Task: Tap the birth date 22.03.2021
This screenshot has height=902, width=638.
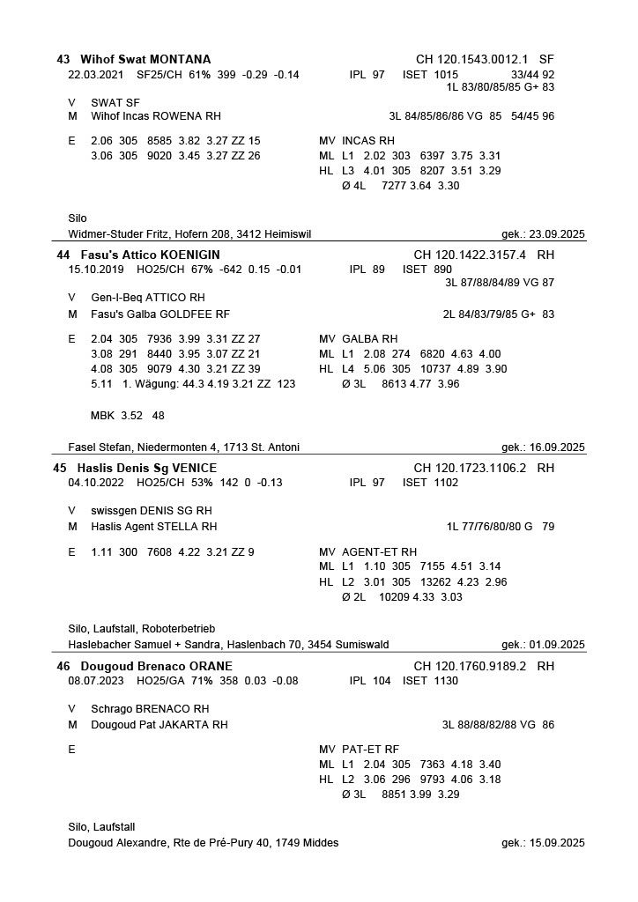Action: [x=94, y=75]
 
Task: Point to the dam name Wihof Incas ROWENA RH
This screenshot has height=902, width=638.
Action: [x=155, y=116]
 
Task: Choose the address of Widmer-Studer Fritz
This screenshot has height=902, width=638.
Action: [x=189, y=234]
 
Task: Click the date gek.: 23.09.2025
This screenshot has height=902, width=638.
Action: [x=543, y=234]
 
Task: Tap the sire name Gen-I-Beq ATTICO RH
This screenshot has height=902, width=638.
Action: [x=147, y=298]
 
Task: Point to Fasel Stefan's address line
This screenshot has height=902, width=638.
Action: [x=166, y=447]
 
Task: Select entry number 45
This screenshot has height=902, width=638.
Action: [x=60, y=468]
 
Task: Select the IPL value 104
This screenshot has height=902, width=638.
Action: [x=382, y=681]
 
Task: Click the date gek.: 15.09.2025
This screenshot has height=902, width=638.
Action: [x=543, y=843]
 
